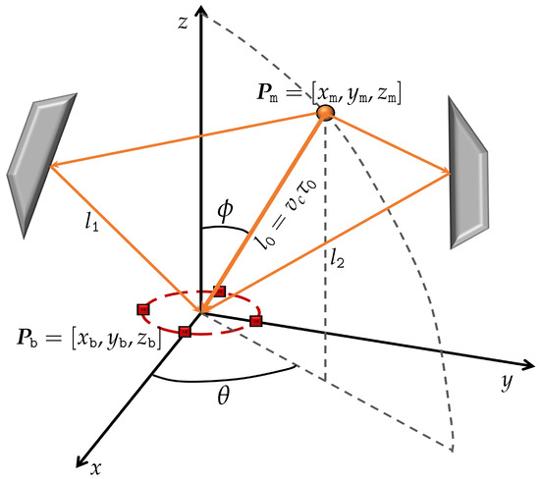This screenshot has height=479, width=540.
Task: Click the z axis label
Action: pyautogui.click(x=182, y=24)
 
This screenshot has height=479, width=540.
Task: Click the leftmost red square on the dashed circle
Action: pyautogui.click(x=143, y=309)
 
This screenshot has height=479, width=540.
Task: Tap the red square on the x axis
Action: pyautogui.click(x=185, y=332)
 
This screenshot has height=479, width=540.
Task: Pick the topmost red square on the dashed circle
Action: pyautogui.click(x=220, y=292)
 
